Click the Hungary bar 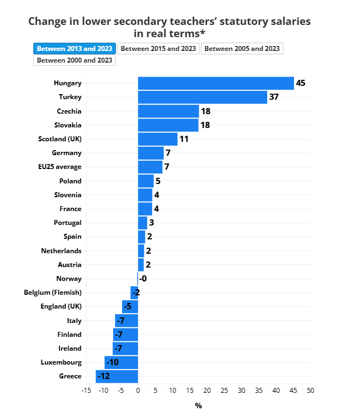point(216,83)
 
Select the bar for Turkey point(202,97)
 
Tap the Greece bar point(116,376)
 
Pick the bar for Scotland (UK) point(158,139)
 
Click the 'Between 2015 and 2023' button point(158,49)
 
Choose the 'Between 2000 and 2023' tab point(74,60)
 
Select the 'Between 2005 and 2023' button point(242,49)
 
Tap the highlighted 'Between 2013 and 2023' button point(74,49)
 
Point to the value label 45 point(301,83)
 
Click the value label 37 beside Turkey point(273,97)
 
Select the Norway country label point(69,279)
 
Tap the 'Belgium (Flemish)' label point(53,293)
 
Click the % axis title point(198,406)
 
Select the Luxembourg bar point(121,362)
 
